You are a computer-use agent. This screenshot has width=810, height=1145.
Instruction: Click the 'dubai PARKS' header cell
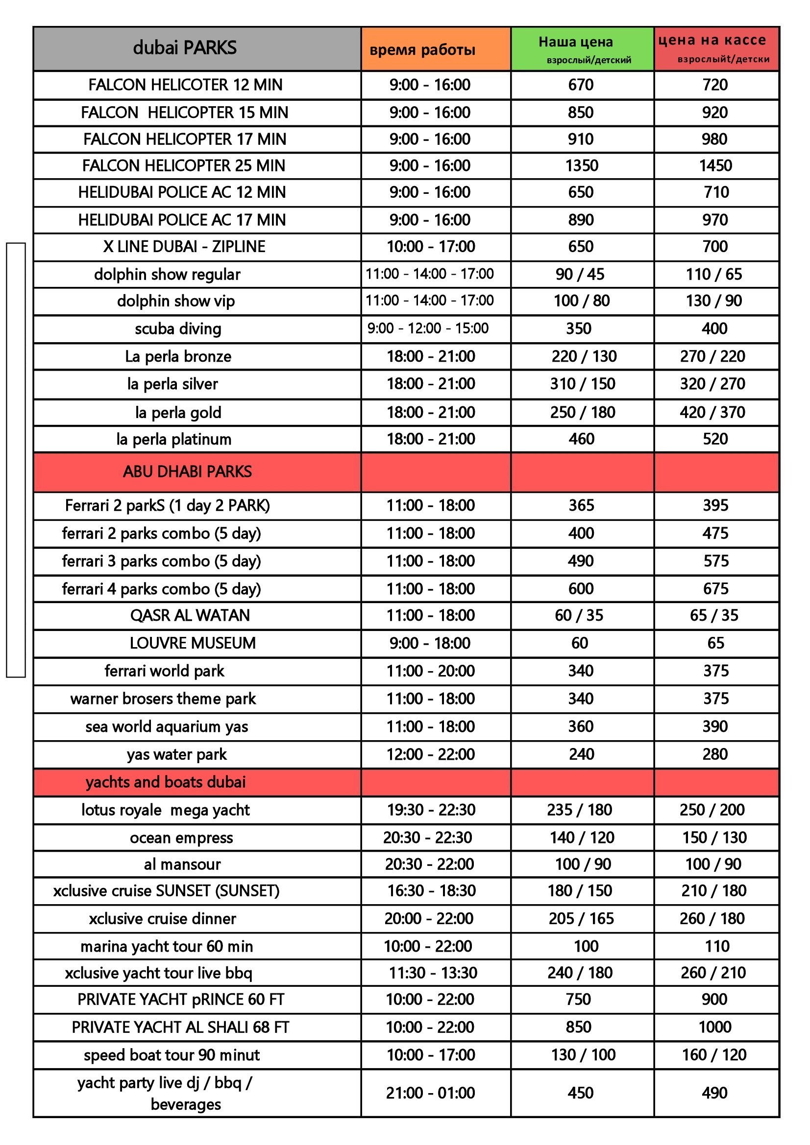185,48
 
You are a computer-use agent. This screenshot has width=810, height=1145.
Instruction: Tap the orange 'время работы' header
422,50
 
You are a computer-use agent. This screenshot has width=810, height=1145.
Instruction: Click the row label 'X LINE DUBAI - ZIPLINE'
184,246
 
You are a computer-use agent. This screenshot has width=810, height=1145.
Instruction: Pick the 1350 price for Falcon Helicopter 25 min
582,165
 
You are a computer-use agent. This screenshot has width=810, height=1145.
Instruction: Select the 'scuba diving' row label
178,328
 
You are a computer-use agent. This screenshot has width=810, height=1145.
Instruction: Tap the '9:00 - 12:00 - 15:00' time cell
428,328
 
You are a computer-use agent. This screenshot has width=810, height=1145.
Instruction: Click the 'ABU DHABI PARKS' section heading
187,472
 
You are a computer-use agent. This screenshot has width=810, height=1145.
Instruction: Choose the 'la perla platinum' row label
173,439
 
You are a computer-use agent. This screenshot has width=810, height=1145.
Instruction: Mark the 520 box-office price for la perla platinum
714,439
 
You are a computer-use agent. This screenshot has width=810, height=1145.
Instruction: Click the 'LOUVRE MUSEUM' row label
193,643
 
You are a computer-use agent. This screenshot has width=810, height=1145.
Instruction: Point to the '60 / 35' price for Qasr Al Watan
579,615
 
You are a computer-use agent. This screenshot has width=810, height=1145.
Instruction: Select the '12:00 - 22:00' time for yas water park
430,754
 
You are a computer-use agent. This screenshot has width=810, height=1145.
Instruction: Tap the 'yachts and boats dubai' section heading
166,782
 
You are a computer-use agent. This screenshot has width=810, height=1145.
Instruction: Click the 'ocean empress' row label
181,838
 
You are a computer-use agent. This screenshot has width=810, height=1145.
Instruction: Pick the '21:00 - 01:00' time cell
430,1093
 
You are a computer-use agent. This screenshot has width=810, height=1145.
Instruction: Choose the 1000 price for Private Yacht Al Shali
714,1027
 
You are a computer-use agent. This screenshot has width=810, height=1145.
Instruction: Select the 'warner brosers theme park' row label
163,699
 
